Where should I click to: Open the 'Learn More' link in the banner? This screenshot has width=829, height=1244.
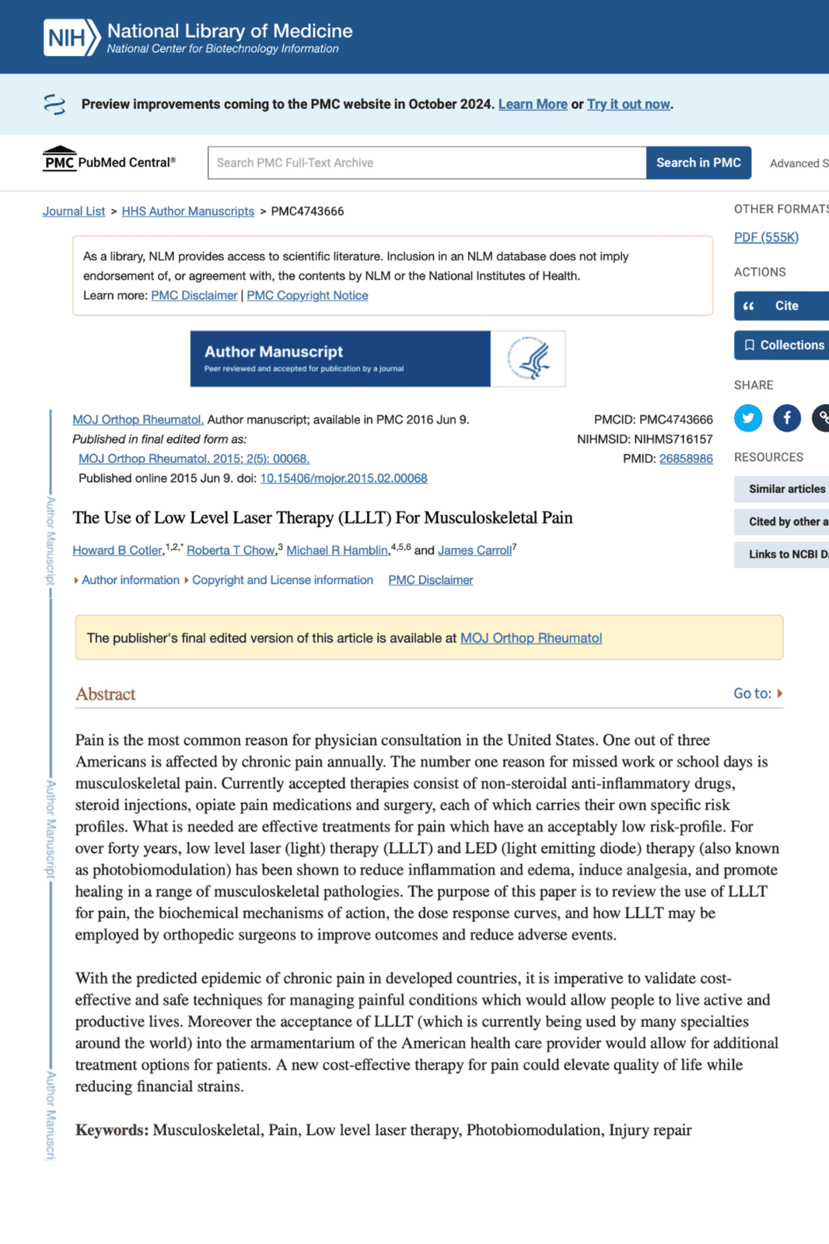pos(533,104)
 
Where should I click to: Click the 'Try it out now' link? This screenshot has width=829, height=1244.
pos(628,104)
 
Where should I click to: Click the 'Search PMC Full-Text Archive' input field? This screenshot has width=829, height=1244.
pos(426,162)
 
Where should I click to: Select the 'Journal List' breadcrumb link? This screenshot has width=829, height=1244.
pos(74,211)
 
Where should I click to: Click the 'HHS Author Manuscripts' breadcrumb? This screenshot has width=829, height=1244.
pos(187,211)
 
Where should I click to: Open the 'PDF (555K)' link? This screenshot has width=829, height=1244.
pos(766,237)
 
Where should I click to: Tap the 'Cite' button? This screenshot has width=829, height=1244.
pos(781,306)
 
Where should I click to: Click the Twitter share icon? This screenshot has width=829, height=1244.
pos(748,418)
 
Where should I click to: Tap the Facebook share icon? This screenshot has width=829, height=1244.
pos(787,418)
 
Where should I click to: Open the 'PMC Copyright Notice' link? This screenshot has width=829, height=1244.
pos(307,295)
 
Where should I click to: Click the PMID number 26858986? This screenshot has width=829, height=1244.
pos(686,459)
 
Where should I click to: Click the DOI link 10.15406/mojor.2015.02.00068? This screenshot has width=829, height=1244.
pos(344,478)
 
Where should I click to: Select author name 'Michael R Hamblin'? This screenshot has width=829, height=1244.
pos(337,550)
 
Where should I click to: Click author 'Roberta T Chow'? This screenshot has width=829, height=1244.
pos(230,550)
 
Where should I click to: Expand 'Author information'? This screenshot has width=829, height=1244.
pos(130,580)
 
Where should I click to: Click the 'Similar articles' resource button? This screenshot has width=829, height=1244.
pos(786,489)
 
